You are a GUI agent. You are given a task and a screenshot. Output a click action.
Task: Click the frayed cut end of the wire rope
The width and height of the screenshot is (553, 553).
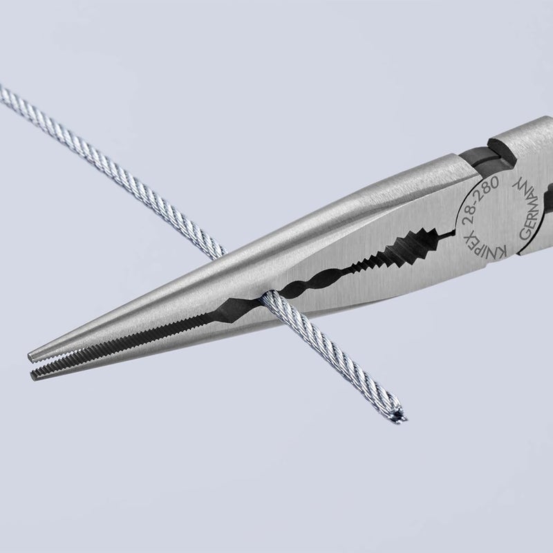400,415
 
